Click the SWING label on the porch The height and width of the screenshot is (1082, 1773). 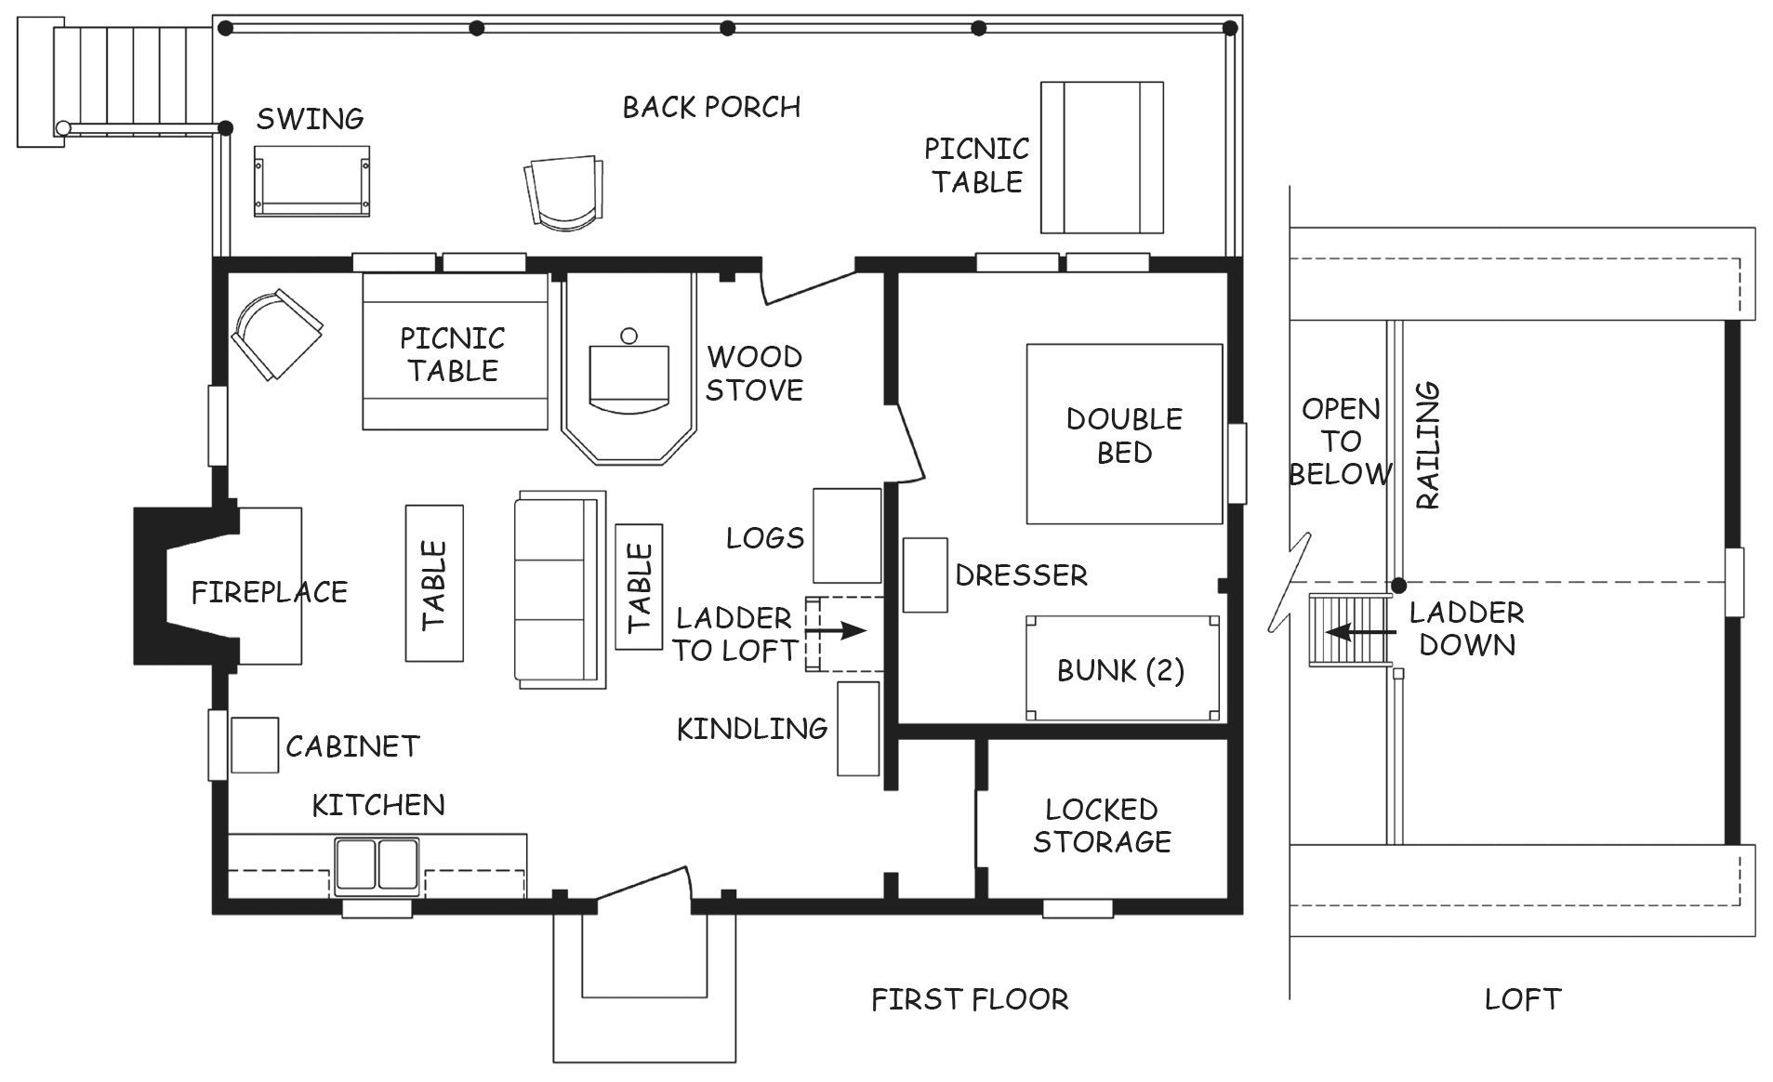[310, 119]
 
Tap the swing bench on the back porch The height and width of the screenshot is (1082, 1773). [311, 181]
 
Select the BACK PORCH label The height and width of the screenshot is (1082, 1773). [711, 108]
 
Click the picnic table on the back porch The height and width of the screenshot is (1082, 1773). [1102, 157]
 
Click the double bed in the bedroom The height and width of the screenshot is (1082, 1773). [1124, 434]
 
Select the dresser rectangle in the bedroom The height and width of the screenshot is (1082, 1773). [925, 574]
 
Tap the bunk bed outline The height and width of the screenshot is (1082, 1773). [1122, 667]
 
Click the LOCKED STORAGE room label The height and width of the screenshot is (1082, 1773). [1102, 825]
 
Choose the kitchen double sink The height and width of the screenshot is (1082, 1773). [377, 865]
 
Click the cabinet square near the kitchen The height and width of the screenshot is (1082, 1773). [255, 746]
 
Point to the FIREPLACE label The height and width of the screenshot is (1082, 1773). [270, 592]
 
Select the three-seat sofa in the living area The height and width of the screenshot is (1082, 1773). [560, 590]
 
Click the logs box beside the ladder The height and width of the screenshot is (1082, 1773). [847, 535]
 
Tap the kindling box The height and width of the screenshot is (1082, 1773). [858, 729]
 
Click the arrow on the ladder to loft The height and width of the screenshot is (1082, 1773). [835, 631]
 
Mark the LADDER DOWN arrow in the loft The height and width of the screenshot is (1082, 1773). [1360, 632]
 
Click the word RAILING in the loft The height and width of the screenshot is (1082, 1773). [1427, 445]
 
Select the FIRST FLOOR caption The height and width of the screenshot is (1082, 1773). [970, 999]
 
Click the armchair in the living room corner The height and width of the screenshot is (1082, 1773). [276, 333]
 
